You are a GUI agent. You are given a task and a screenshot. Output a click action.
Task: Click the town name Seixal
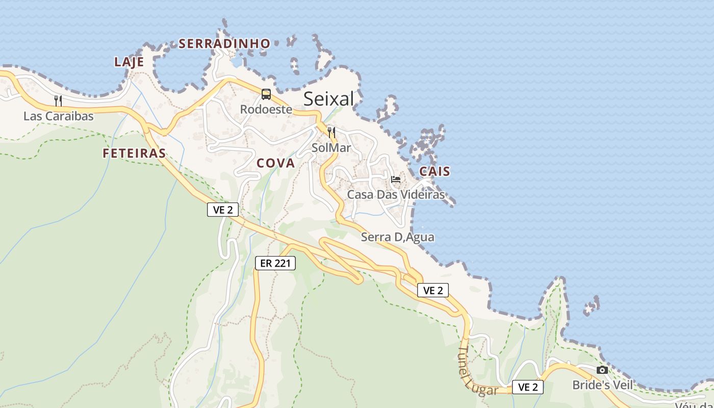point(328,99)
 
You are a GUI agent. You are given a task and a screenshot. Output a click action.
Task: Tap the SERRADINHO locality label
point(224,44)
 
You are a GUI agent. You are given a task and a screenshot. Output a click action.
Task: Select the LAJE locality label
point(129,62)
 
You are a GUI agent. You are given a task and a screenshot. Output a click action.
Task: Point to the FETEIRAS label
point(134,153)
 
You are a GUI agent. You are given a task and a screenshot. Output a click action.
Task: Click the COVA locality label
point(275,163)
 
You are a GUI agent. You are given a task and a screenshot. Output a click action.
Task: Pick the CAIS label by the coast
point(435,171)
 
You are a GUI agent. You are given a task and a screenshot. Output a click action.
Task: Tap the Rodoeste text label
point(266,110)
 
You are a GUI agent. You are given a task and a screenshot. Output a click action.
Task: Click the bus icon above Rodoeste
point(266,94)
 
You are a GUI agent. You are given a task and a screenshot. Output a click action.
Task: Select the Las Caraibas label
point(59,116)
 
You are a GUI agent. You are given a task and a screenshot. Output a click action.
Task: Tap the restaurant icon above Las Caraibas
point(58,100)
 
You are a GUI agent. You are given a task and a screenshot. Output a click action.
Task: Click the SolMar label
point(331,148)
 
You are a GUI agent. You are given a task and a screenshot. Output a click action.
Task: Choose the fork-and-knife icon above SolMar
point(331,133)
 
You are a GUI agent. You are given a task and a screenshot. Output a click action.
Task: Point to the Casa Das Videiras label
point(396,194)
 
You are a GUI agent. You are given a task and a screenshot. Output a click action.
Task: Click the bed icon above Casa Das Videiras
point(395,179)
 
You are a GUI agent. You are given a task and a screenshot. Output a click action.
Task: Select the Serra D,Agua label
point(398,237)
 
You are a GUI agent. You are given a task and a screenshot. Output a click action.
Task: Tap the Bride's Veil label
point(602,385)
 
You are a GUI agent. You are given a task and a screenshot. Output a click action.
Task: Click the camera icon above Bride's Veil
point(602,370)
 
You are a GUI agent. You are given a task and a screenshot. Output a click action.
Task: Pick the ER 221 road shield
point(275,263)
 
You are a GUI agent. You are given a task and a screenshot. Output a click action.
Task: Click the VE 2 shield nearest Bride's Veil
point(528,387)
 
